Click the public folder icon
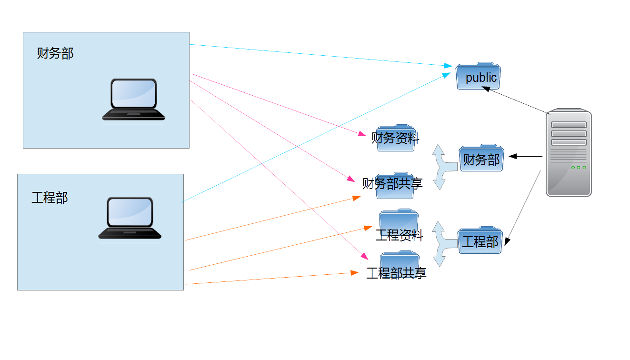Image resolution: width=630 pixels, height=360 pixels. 478,76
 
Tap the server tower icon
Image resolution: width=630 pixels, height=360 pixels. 568,153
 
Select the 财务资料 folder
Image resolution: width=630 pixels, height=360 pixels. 396,139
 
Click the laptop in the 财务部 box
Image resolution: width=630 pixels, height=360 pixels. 134,100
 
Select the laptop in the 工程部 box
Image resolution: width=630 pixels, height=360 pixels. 130,218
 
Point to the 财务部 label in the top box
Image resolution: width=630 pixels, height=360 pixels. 56,53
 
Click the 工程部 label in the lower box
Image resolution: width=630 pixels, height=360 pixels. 50,197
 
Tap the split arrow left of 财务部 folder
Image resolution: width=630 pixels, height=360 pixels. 442,167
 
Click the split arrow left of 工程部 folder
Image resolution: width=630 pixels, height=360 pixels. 442,243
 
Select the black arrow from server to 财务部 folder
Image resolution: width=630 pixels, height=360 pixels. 526,156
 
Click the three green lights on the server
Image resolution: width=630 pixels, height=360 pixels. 579,167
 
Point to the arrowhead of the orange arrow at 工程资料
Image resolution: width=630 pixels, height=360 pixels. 369,228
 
